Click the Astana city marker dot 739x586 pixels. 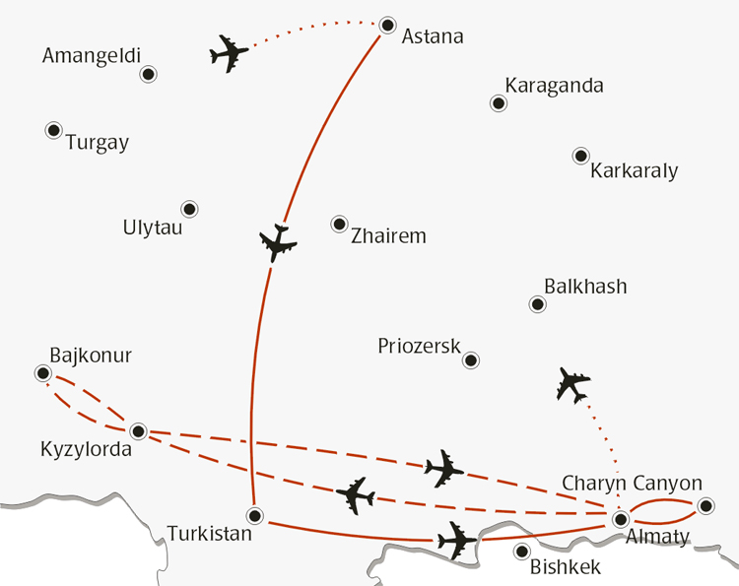coord(387,25)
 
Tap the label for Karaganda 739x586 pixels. coord(554,86)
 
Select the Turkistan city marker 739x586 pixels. coord(255,515)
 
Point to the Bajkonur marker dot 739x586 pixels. coord(42,373)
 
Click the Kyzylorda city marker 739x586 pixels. coord(139,431)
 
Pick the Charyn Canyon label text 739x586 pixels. coord(632,484)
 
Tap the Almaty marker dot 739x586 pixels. coord(621,518)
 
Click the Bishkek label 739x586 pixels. coord(565,567)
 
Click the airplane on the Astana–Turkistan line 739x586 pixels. coord(278,241)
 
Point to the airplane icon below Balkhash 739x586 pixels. coord(572,383)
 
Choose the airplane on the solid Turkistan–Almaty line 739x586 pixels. coord(455,539)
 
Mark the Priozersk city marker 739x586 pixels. coord(471,360)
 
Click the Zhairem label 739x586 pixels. coord(388,236)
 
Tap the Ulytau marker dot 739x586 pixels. coord(189,209)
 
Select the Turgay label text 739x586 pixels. coord(97,143)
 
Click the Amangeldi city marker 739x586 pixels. coord(149,74)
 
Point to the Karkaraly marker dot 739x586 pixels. coord(580,156)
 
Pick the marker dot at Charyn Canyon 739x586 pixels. coord(705,506)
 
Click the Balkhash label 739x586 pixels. coord(585,287)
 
